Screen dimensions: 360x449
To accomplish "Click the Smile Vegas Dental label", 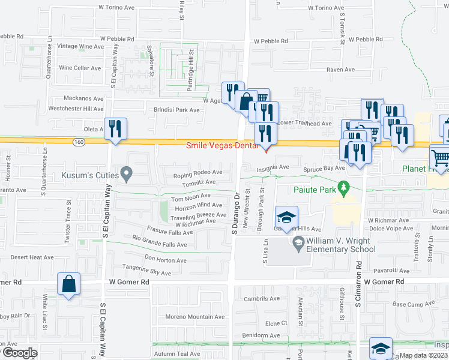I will tap(221, 145).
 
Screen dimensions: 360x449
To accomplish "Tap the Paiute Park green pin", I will tap(343, 187).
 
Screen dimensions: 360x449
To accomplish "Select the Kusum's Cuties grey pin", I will tap(126, 175).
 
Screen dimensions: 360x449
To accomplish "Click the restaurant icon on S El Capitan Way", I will tap(114, 128).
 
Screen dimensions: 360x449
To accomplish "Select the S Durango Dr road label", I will tap(236, 212).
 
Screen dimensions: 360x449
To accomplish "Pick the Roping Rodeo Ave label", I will tap(197, 173).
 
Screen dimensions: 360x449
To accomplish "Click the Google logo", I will tap(19, 353).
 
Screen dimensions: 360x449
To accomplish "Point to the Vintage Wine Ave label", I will tap(80, 46).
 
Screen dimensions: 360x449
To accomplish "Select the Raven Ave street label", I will tap(339, 70).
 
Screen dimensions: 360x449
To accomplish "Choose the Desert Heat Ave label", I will tap(32, 257).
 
